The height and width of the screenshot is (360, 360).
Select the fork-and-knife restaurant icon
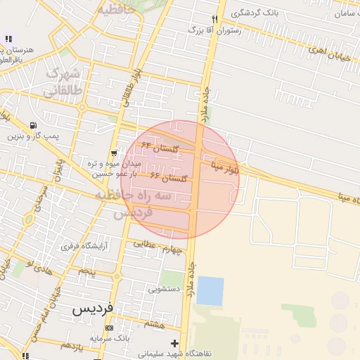click(214, 19)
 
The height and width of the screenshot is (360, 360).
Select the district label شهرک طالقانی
click(63, 82)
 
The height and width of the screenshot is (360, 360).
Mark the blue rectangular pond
click(210, 290)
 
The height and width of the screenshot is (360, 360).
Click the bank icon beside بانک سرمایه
click(108, 328)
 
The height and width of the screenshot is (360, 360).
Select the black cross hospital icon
click(174, 342)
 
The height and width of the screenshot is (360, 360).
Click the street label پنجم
click(86, 271)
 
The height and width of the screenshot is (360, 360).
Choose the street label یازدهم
click(73, 345)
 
